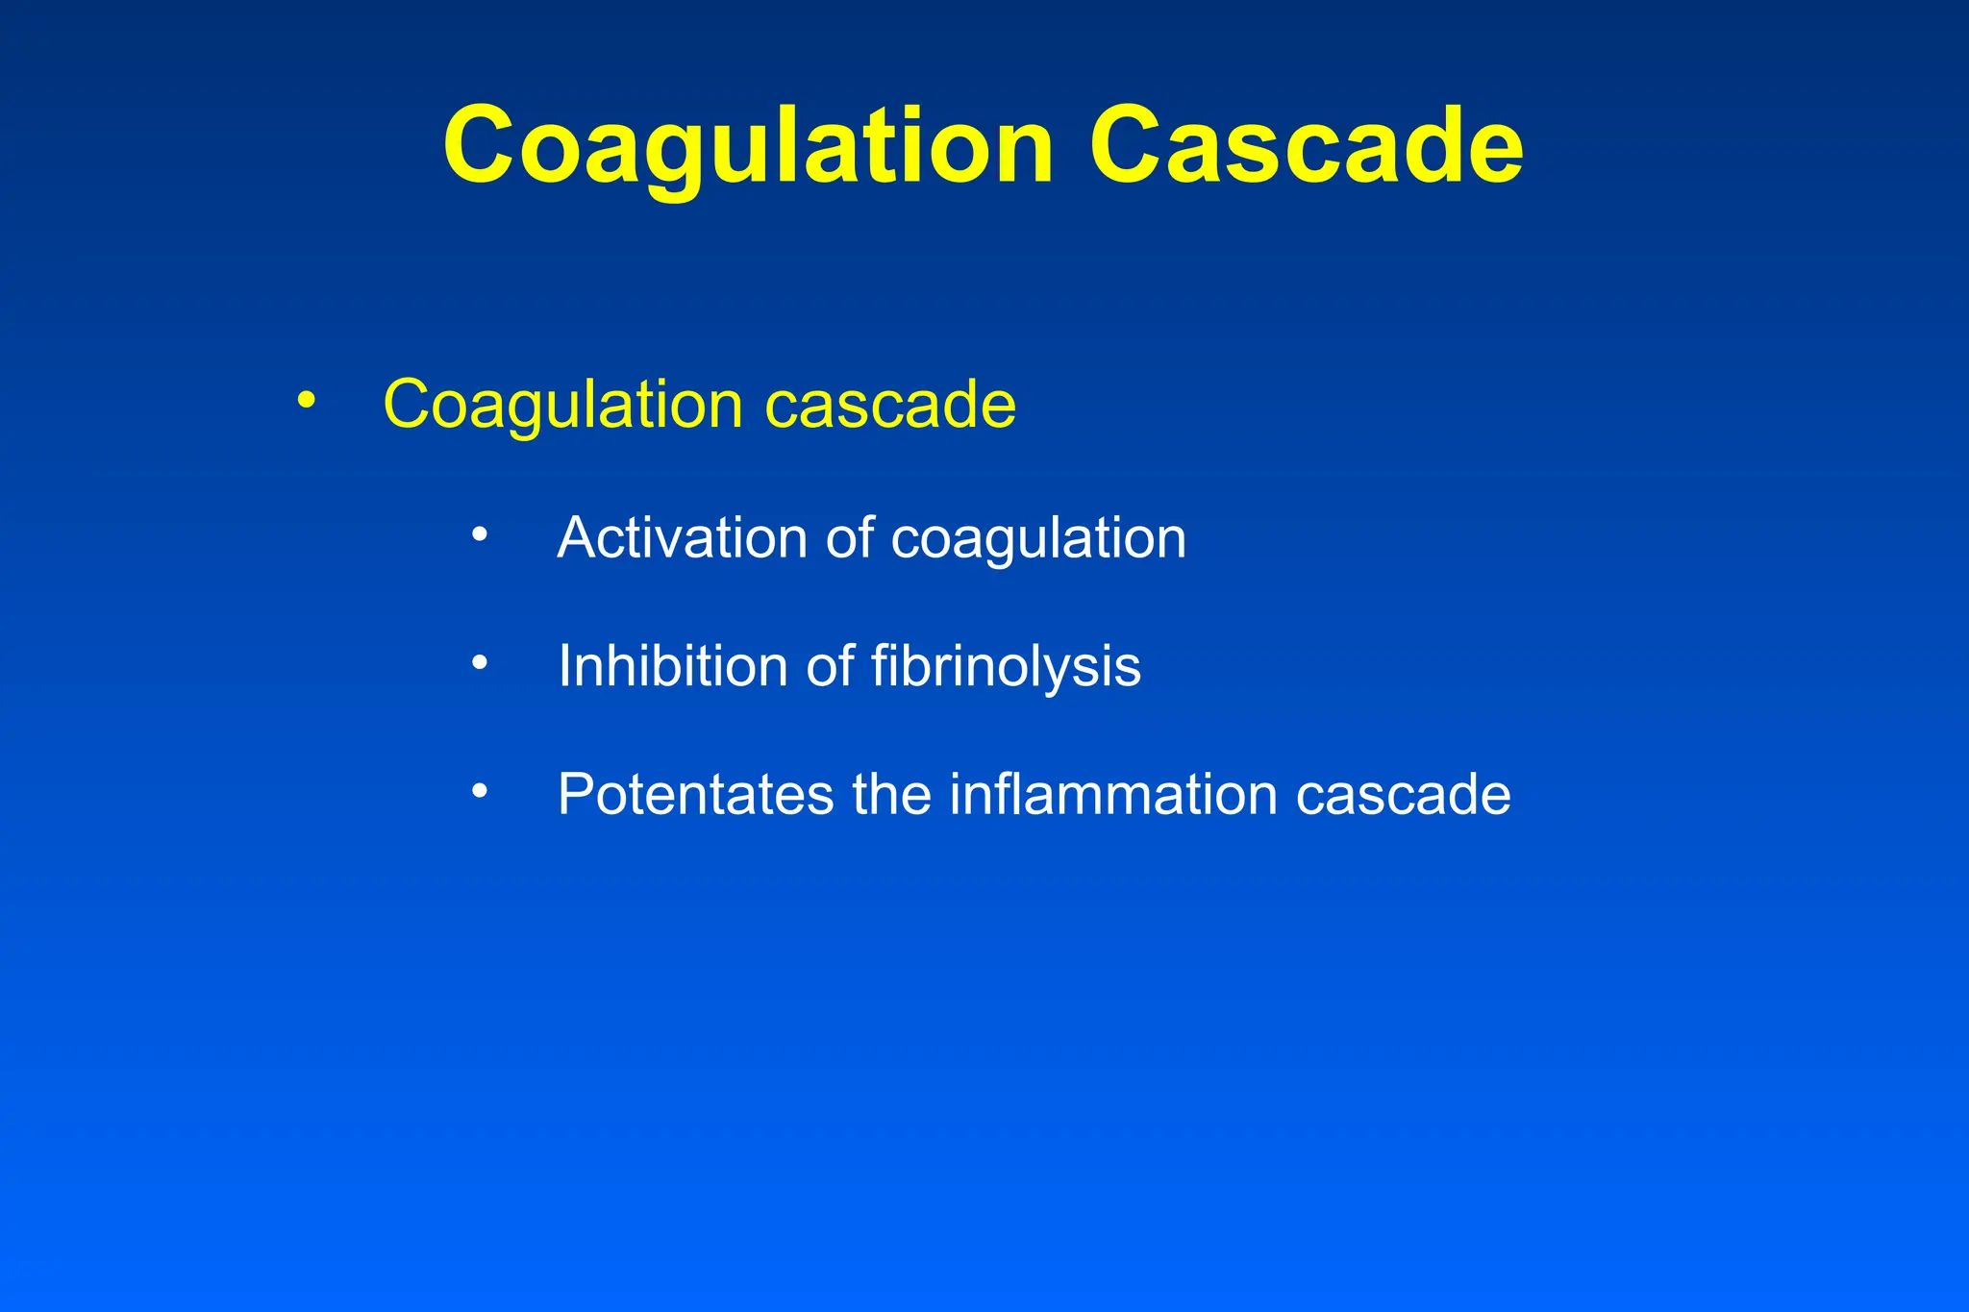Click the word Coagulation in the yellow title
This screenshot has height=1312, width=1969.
[748, 147]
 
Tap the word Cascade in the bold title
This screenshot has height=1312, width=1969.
[1306, 147]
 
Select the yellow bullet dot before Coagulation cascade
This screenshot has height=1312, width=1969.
[306, 400]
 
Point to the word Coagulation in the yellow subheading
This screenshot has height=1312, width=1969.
[562, 405]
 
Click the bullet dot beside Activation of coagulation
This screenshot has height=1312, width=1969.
[480, 533]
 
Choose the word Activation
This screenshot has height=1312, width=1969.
[682, 537]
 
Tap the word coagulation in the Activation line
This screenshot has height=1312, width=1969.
[1038, 538]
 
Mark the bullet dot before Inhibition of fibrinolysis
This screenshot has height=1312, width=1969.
[480, 661]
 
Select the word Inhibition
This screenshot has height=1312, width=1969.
[673, 666]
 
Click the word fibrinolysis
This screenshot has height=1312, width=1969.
[1006, 666]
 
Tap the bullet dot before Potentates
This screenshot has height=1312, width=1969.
[480, 791]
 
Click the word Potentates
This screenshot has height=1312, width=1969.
[695, 795]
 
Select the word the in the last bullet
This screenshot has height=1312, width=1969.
[891, 795]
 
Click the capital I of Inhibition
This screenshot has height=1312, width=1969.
[564, 666]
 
